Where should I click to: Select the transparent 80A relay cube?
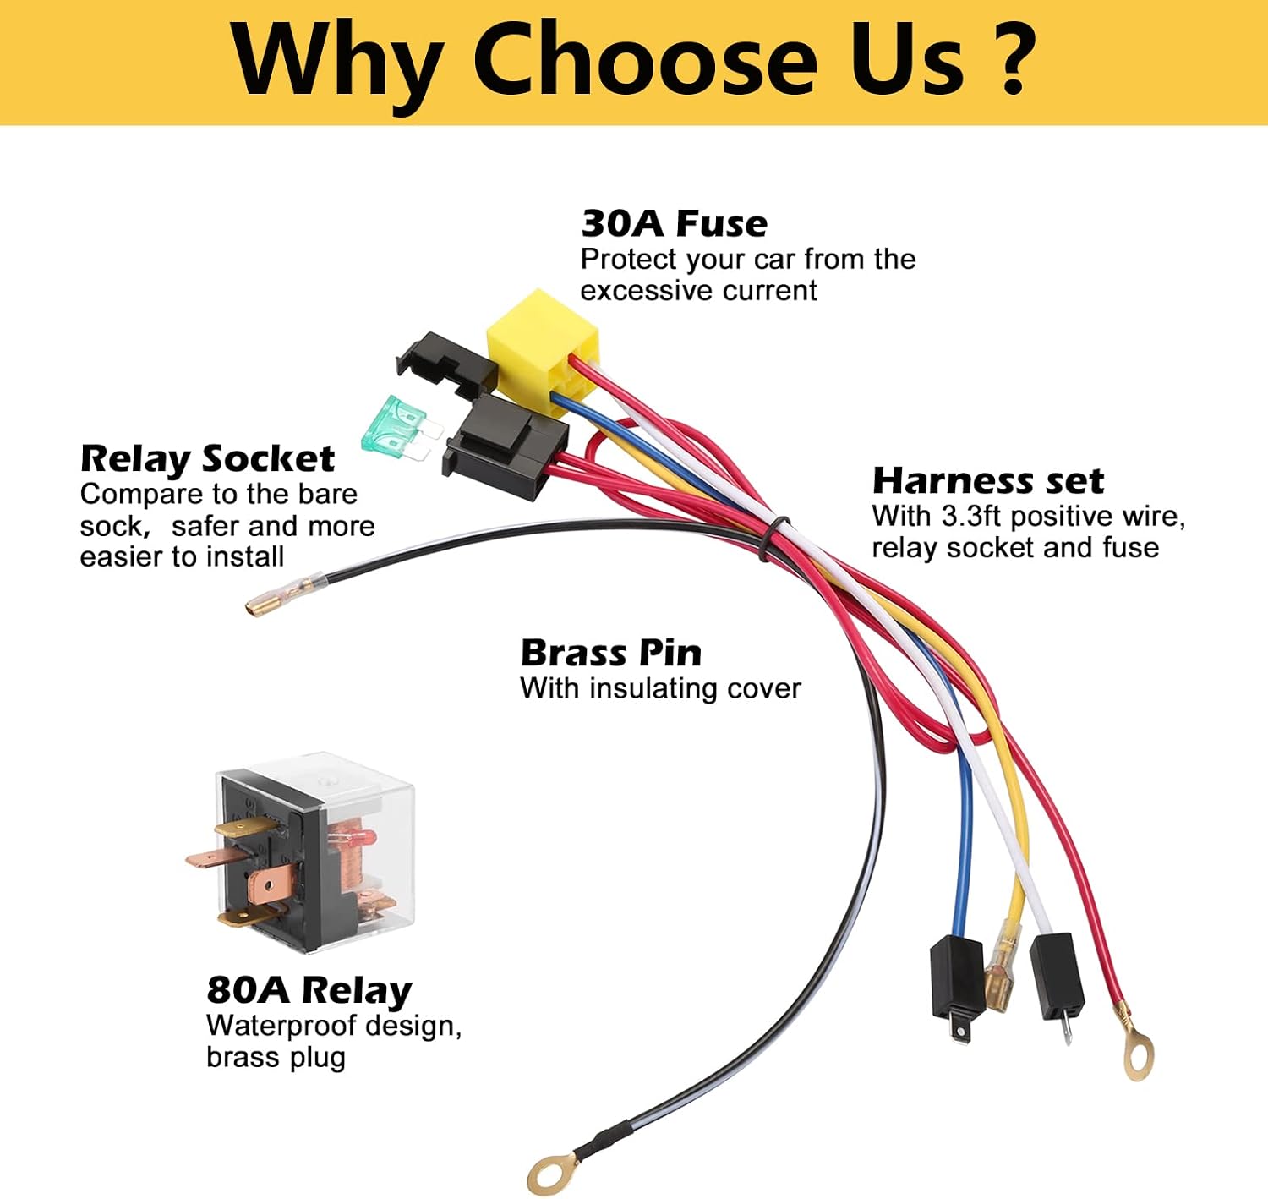coord(305,851)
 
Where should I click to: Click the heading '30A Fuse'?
coord(674,224)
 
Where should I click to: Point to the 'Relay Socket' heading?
coord(207,459)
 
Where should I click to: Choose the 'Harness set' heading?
coord(988,481)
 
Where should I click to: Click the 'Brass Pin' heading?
coord(611,653)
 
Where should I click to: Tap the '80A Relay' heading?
coord(309,989)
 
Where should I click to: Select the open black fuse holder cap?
coord(445,364)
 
